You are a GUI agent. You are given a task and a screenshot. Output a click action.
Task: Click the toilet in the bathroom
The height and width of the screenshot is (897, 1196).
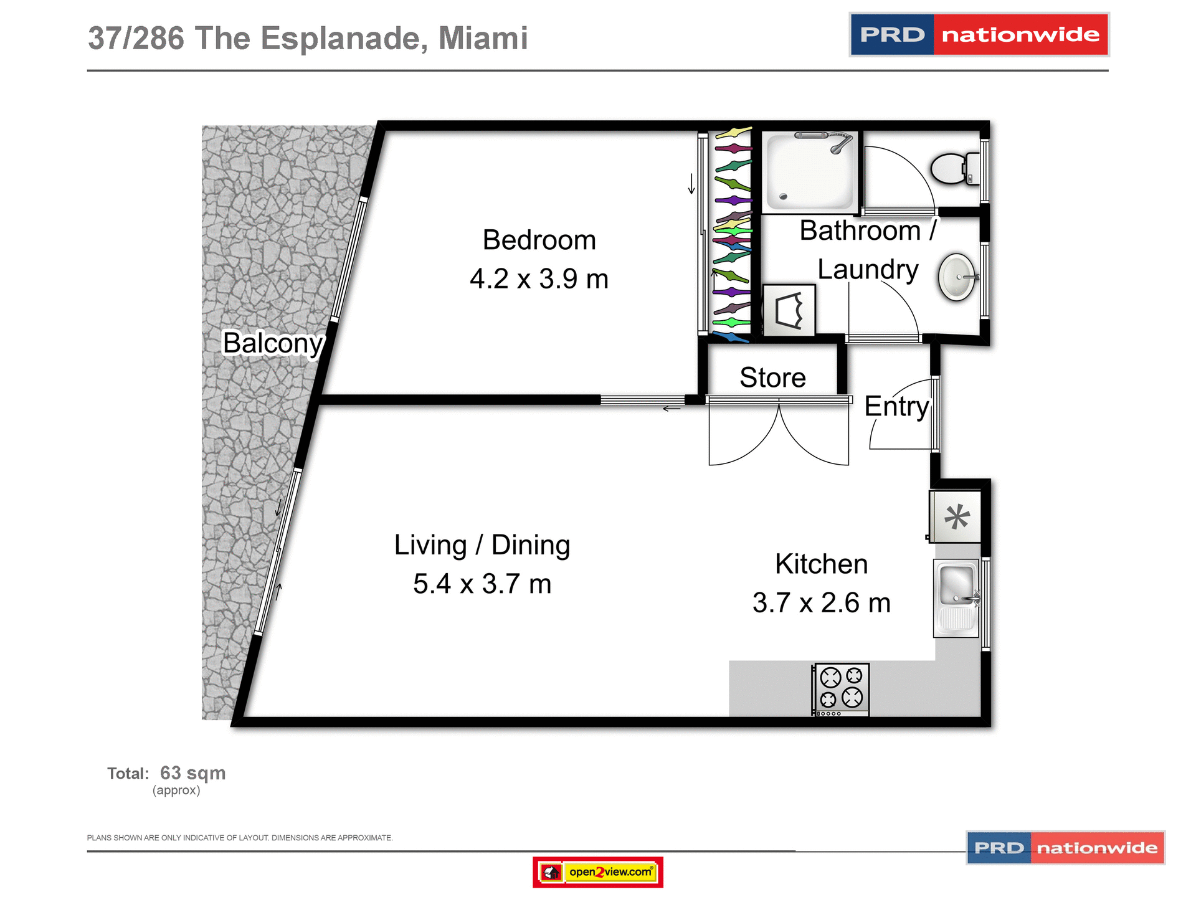(953, 168)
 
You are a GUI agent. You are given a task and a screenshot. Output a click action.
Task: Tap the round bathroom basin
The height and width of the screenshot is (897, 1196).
(957, 277)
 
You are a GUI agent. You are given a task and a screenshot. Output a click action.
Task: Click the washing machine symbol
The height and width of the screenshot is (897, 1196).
(789, 310)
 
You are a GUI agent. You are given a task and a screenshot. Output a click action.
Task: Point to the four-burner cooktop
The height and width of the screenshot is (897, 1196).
(841, 688)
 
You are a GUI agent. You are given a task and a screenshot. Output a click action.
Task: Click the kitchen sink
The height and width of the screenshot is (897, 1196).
(957, 586)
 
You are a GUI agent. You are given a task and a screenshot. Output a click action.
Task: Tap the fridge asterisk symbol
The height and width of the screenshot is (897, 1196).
(957, 517)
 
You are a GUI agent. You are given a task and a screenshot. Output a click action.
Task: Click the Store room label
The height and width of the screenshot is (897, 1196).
(772, 377)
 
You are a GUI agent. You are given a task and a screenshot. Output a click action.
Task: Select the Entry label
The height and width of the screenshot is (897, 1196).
(896, 406)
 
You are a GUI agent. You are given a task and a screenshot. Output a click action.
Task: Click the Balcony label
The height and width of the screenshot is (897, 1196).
(273, 343)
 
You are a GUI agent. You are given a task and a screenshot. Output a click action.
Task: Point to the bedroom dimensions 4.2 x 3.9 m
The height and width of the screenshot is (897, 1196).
(539, 278)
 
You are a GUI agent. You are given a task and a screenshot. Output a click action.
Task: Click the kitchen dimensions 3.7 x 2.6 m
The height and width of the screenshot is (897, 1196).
(821, 602)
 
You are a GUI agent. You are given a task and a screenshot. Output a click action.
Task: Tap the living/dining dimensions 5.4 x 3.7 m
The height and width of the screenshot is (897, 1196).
(482, 584)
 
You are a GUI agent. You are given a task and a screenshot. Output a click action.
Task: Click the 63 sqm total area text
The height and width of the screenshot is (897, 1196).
(192, 773)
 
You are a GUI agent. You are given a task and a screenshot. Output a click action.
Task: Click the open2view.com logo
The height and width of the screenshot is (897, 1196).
(598, 871)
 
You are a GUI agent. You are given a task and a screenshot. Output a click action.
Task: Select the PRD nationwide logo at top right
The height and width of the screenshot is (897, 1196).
(979, 35)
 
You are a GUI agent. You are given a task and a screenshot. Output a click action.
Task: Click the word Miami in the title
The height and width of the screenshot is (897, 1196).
(483, 38)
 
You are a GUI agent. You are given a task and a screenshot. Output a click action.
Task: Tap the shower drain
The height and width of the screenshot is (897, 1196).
(784, 197)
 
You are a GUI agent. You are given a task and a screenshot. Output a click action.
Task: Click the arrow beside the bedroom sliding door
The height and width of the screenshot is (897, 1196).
(691, 184)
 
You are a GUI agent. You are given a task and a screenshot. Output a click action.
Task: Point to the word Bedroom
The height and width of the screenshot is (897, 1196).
(539, 240)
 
